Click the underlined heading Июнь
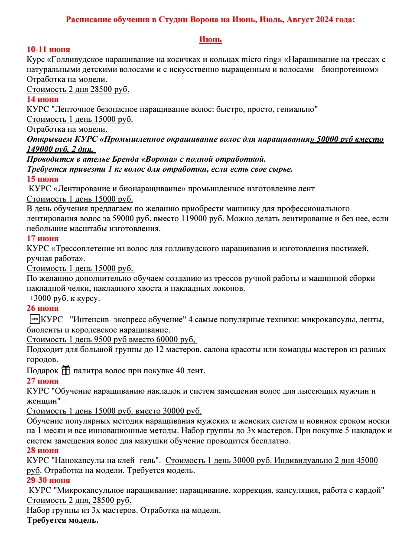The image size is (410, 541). pyautogui.click(x=210, y=40)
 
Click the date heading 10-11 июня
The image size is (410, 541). pyautogui.click(x=48, y=49)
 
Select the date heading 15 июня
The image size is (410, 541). pyautogui.click(x=42, y=179)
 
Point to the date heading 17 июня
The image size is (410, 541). pyautogui.click(x=42, y=238)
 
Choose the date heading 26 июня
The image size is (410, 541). pyautogui.click(x=42, y=308)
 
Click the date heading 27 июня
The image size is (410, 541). pyautogui.click(x=42, y=381)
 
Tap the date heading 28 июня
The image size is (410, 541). pyautogui.click(x=42, y=451)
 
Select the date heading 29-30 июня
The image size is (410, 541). pyautogui.click(x=48, y=480)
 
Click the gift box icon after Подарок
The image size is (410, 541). pyautogui.click(x=65, y=371)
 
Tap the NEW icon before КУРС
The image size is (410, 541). pyautogui.click(x=34, y=319)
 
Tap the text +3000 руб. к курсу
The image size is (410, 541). pyautogui.click(x=64, y=298)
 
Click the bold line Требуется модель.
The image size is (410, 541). pyautogui.click(x=62, y=520)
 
